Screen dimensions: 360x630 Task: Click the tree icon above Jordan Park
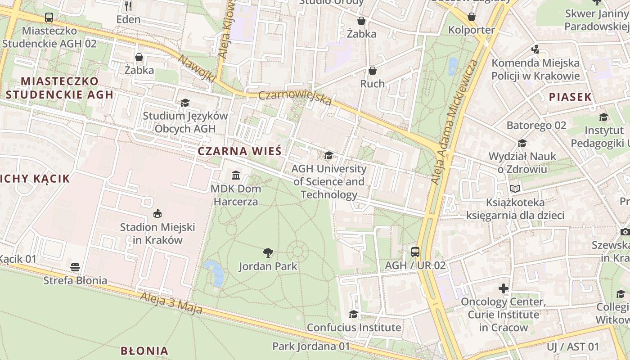point(268,253)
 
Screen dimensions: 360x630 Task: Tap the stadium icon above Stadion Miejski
point(157,213)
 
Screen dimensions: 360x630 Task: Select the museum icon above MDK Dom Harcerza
point(236,175)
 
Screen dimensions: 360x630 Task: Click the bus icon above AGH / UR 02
point(415,252)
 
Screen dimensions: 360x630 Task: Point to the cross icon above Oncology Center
point(504,288)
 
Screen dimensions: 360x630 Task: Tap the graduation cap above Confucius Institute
point(354,314)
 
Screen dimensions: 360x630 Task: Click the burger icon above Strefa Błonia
point(75,267)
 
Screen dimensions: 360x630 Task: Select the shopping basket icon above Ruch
point(373,71)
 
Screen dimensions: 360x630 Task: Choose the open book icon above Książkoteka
point(515,189)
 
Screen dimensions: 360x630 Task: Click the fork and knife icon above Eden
point(128,6)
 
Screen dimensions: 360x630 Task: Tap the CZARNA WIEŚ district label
point(239,151)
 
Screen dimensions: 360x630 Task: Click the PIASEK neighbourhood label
point(570,97)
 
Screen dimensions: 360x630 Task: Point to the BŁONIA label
point(144,351)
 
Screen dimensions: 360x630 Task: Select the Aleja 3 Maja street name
point(171,303)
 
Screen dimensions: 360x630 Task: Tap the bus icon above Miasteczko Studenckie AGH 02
point(49,18)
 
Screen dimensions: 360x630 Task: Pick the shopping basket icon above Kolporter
point(472,17)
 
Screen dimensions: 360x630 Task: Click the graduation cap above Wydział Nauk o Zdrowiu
point(522,143)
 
